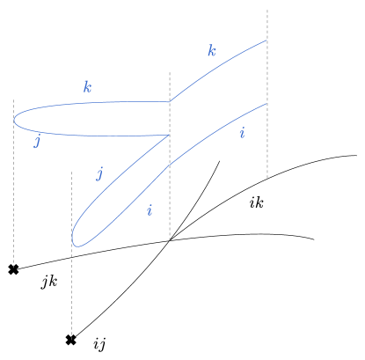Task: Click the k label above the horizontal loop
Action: pyautogui.click(x=87, y=87)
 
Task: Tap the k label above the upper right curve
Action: pyautogui.click(x=212, y=51)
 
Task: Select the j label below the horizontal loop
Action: pyautogui.click(x=37, y=142)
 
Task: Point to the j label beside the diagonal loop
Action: pyautogui.click(x=100, y=173)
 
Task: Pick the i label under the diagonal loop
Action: pyautogui.click(x=150, y=210)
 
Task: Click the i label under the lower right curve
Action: pyautogui.click(x=242, y=134)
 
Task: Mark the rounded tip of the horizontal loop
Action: pyautogui.click(x=15, y=119)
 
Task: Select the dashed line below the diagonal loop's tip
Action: pyautogui.click(x=72, y=299)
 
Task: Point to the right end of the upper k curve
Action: pyautogui.click(x=266, y=40)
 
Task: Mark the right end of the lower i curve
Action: pyautogui.click(x=266, y=103)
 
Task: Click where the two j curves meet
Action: pyautogui.click(x=169, y=135)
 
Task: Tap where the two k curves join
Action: pyautogui.click(x=170, y=102)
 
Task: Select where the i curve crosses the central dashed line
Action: pyautogui.click(x=170, y=165)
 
